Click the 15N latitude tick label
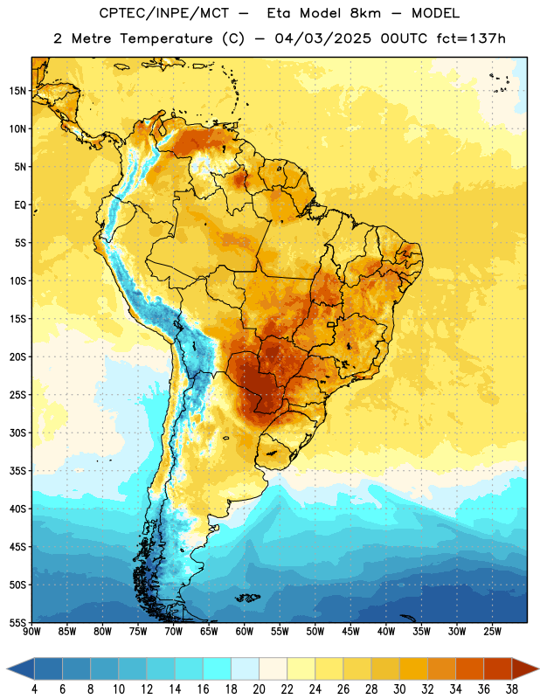(x=17, y=91)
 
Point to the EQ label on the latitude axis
(x=20, y=205)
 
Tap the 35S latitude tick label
(x=17, y=471)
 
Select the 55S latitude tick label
(x=17, y=622)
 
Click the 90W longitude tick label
(x=31, y=632)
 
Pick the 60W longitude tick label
(x=245, y=632)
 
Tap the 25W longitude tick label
(x=492, y=632)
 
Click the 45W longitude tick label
(x=350, y=632)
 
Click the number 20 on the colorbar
(x=259, y=689)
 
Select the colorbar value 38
(x=512, y=689)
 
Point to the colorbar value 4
(x=34, y=689)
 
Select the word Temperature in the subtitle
(x=167, y=38)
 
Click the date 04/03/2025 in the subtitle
(x=322, y=38)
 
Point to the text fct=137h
(x=471, y=38)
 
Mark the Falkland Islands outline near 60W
(x=248, y=598)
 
